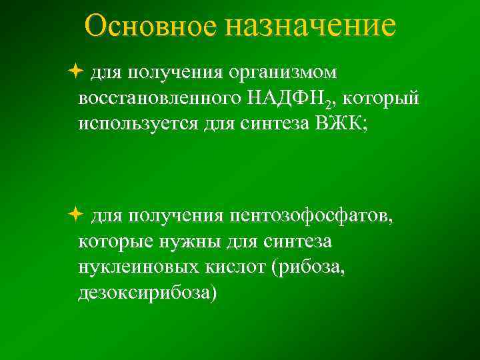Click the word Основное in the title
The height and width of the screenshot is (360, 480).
tap(151, 26)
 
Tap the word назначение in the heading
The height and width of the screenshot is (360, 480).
tap(310, 26)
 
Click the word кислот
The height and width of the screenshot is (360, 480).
tap(232, 268)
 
